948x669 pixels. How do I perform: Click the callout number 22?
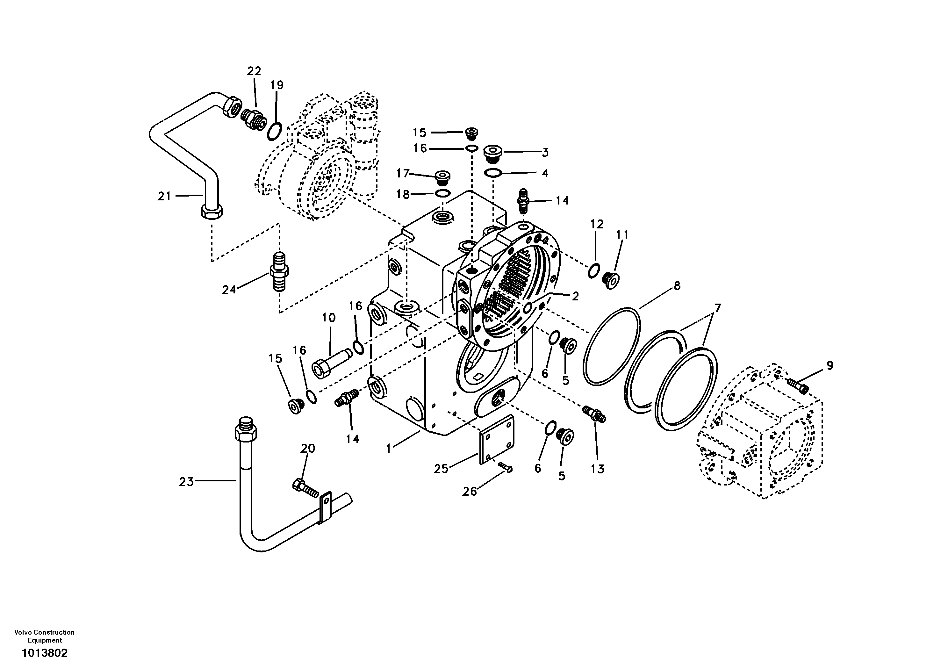click(x=254, y=71)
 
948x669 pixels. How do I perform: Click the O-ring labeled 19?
click(x=274, y=131)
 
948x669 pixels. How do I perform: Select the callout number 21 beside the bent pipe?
click(x=164, y=196)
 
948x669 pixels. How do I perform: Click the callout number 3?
click(x=545, y=152)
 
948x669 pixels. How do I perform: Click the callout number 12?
click(x=597, y=224)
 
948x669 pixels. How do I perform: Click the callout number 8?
click(x=677, y=286)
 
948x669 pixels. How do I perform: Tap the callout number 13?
click(x=598, y=469)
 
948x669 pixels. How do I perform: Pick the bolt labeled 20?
click(x=305, y=487)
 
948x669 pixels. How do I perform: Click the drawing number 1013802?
click(x=44, y=653)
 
